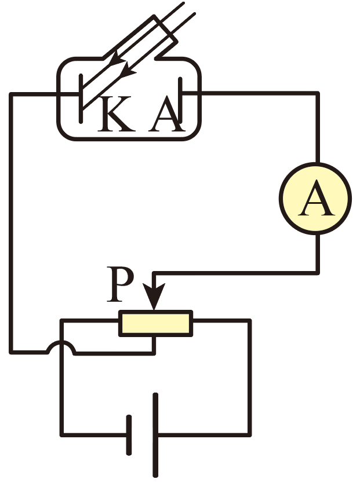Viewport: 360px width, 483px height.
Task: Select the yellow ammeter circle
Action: [x=315, y=200]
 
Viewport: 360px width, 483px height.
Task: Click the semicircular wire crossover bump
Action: [x=61, y=346]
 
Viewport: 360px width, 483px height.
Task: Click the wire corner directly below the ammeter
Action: [x=317, y=271]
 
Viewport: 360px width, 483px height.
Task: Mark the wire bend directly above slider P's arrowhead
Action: [x=154, y=271]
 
